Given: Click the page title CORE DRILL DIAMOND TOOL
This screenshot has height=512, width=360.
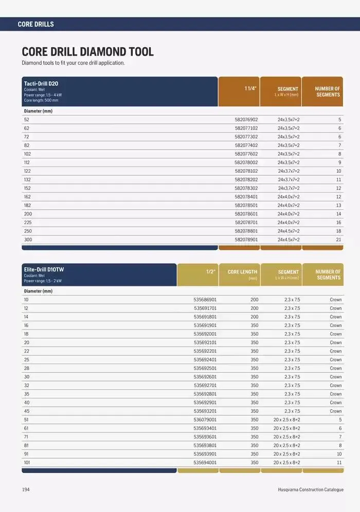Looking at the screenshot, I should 87,52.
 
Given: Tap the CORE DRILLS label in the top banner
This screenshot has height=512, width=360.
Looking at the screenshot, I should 35,24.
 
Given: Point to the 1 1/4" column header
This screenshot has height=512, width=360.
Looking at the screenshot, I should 250,88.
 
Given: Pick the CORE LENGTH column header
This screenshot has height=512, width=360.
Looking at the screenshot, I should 242,272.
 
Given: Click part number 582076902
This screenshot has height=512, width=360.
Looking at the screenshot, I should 246,119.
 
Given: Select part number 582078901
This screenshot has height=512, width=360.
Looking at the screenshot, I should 246,240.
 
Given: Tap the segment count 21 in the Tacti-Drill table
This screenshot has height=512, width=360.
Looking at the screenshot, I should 338,240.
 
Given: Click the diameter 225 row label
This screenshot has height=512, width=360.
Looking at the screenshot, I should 28,223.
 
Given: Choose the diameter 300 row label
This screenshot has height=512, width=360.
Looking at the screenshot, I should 28,240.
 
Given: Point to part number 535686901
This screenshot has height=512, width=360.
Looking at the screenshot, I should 205,300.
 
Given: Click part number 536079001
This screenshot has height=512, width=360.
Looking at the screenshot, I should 205,419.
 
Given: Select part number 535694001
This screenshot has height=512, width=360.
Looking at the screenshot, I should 205,463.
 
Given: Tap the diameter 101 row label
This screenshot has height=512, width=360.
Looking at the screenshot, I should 27,463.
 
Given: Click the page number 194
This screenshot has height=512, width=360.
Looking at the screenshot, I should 26,490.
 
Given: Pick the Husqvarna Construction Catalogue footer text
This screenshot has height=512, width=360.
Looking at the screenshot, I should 307,490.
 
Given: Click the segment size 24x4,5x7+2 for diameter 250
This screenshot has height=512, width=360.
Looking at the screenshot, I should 289,231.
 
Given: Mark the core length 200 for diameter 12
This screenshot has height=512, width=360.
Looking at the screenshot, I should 255,308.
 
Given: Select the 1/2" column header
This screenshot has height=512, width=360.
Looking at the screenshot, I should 210,271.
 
